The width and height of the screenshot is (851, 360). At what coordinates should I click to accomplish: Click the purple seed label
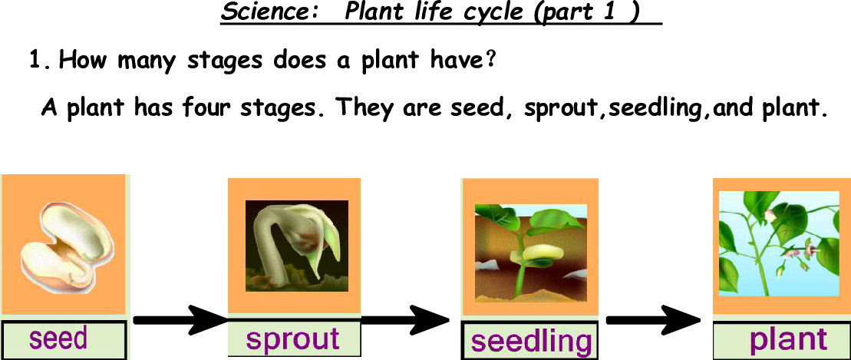pos(58,339)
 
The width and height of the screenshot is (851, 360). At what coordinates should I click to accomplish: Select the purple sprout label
pos(293,339)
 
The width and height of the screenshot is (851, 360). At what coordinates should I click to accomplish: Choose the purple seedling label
pos(530,342)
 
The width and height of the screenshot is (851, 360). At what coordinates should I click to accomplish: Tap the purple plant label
pos(788,339)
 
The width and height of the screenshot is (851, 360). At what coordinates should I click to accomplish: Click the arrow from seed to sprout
pos(181,320)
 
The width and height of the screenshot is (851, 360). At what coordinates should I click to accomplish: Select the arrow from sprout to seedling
pos(405,320)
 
